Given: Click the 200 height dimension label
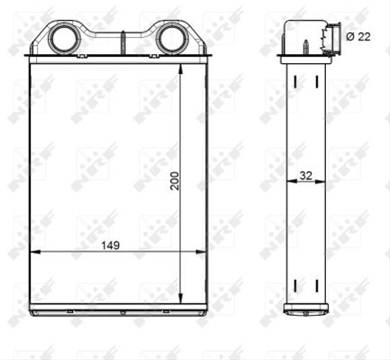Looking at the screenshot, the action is click(174, 181).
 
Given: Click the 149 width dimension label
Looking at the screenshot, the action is click(110, 246).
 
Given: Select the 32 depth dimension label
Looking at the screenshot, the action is click(306, 175).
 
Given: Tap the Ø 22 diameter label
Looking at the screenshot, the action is click(358, 37).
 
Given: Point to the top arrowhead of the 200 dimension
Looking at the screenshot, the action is click(180, 68).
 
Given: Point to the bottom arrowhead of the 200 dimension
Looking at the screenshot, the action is click(180, 299).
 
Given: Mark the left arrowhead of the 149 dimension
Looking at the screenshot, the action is click(35, 252).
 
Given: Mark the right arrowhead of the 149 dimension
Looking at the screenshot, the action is click(201, 252).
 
